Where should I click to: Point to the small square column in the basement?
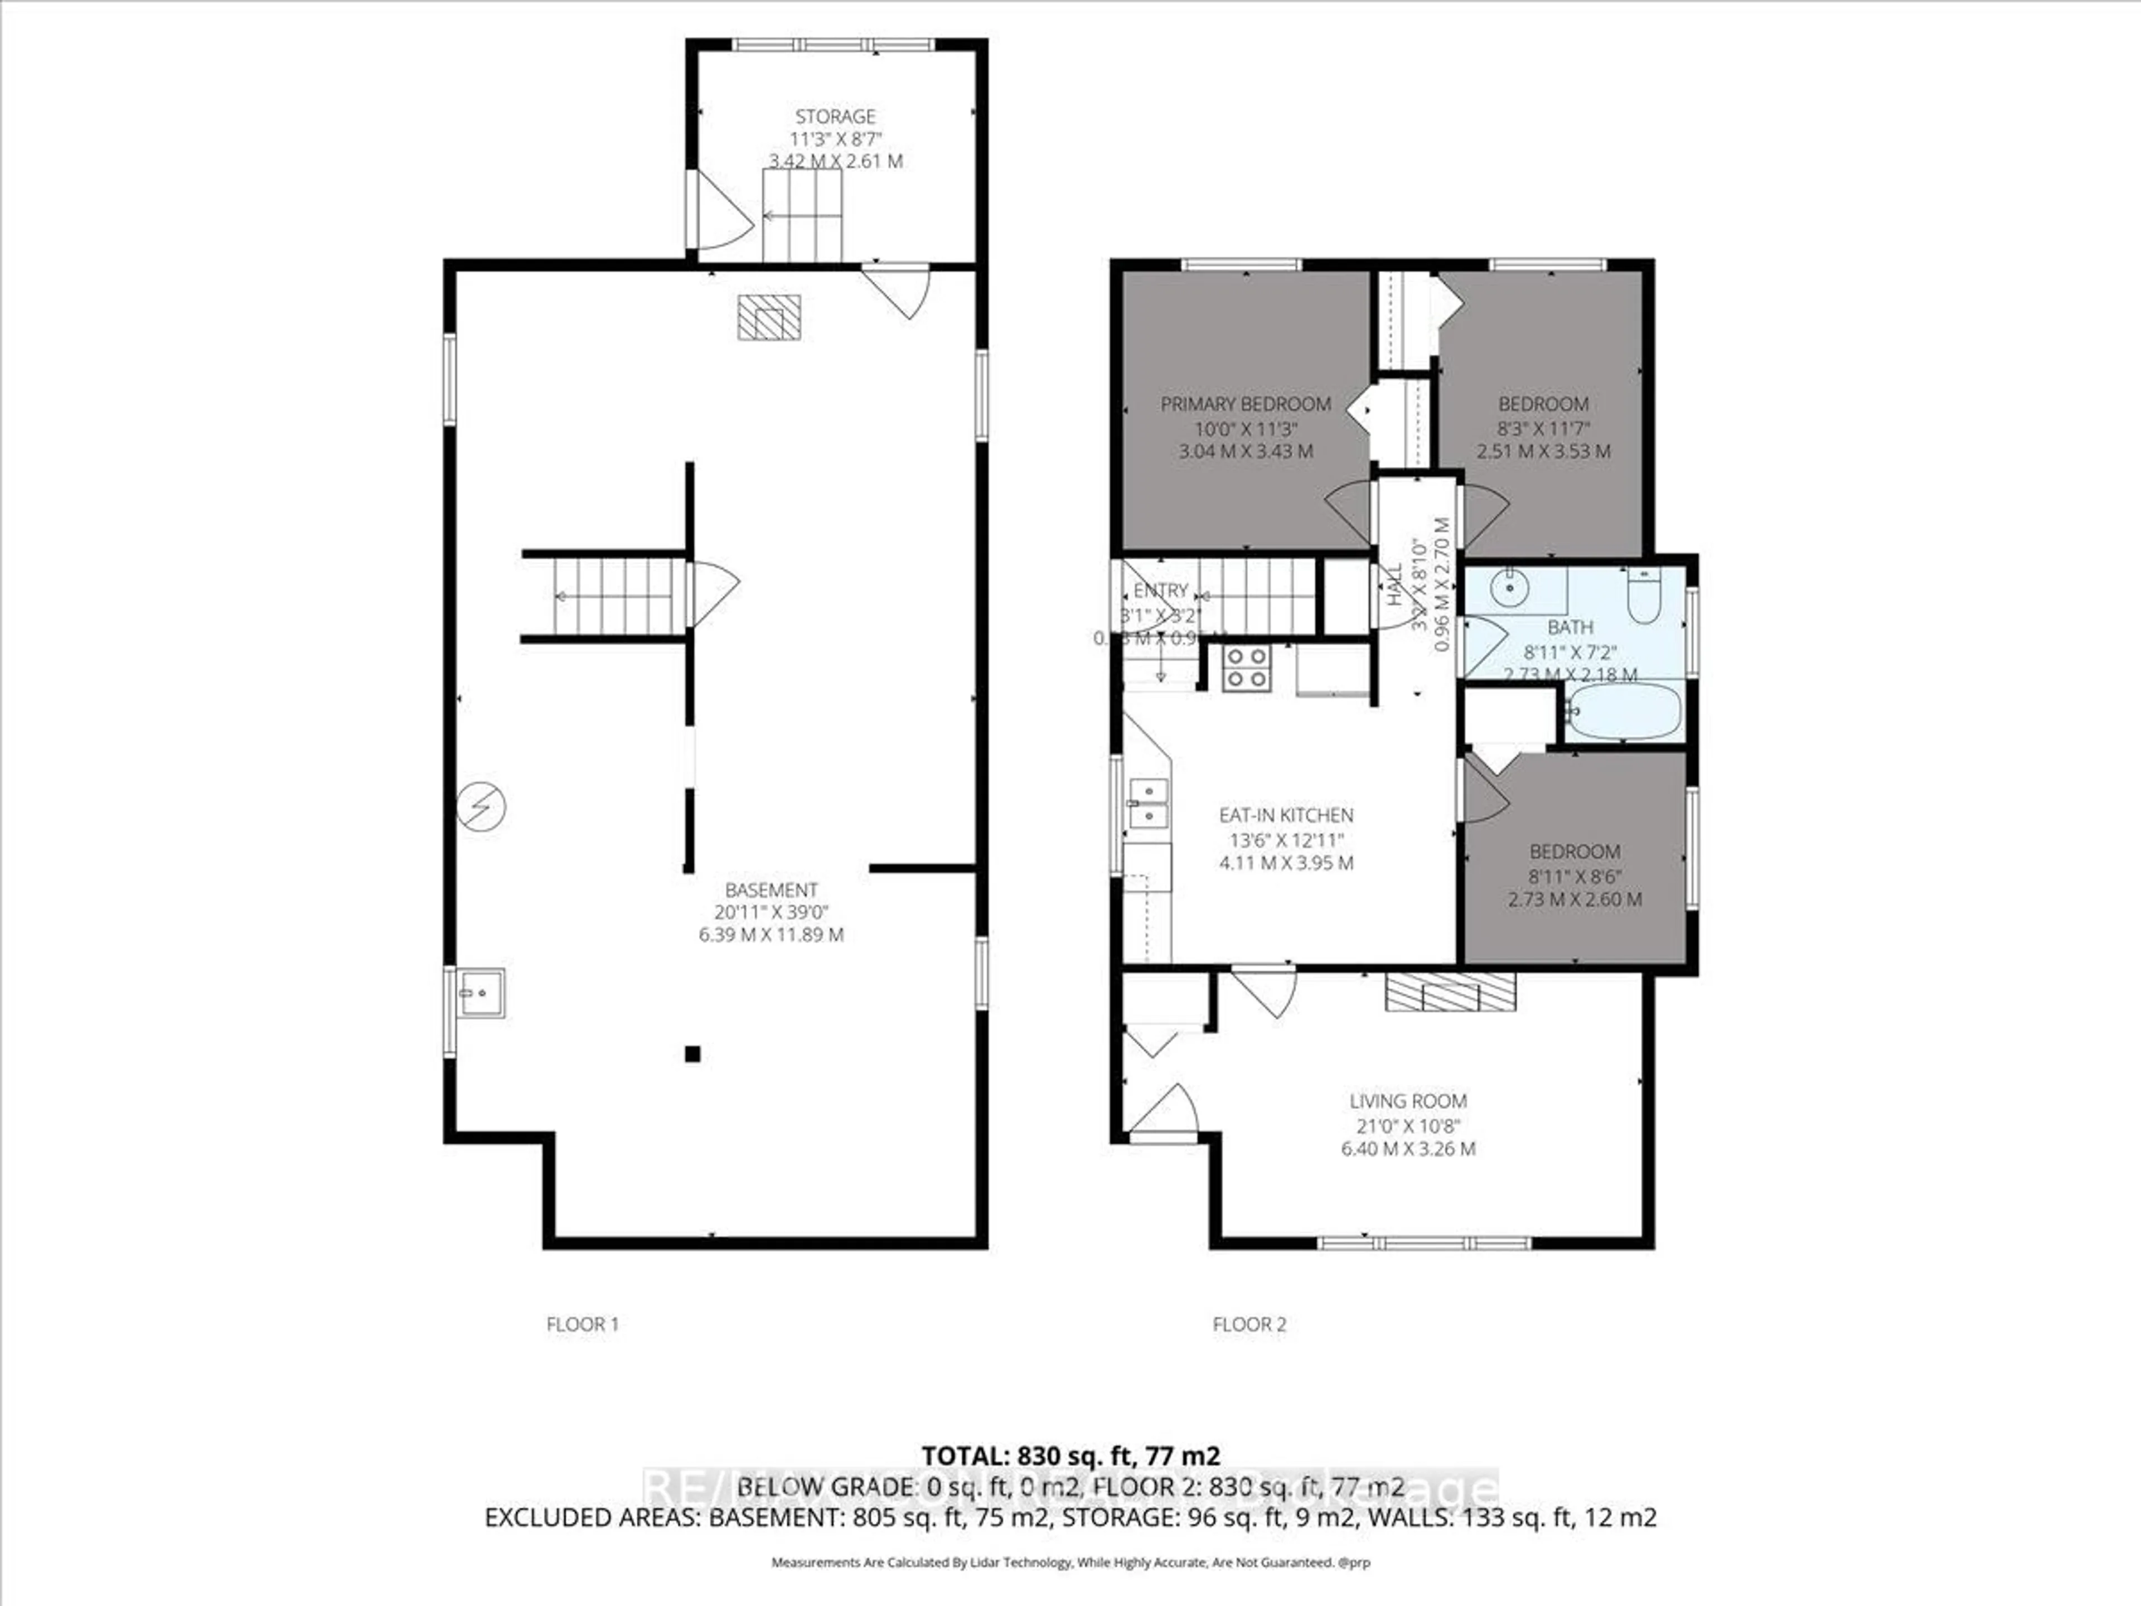point(692,1054)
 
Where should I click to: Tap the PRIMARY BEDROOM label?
point(1246,404)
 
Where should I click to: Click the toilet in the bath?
point(1644,596)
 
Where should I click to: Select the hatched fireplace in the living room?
point(1450,992)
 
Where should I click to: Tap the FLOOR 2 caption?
point(1248,1324)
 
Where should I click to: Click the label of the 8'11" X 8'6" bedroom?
point(1574,852)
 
